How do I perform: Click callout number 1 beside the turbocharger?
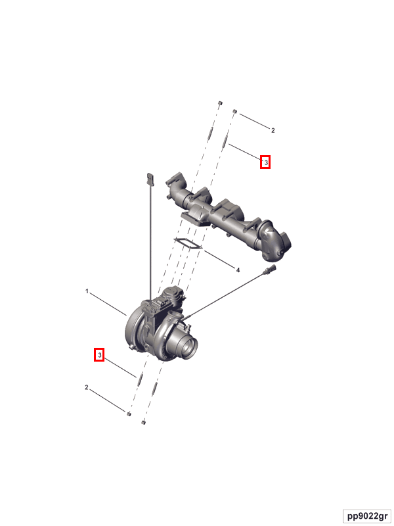pos(87,291)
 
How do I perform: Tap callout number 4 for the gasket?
pos(238,270)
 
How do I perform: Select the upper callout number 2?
pos(273,130)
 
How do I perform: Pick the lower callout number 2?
pos(87,387)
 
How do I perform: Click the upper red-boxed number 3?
pos(265,162)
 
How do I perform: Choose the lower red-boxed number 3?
pos(99,354)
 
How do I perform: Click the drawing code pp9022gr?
pos(367,516)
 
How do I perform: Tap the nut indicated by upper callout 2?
pos(235,111)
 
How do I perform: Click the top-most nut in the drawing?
pos(220,103)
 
